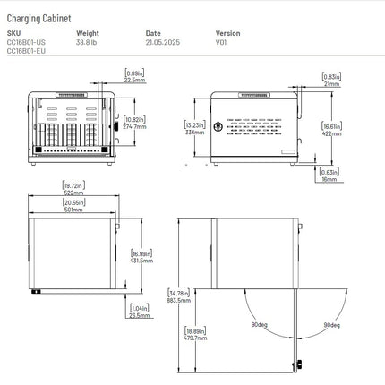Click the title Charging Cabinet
[40, 17]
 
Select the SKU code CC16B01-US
[26, 42]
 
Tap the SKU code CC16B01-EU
[26, 51]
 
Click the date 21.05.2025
[165, 42]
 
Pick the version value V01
[221, 42]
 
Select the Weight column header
[88, 33]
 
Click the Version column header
[227, 33]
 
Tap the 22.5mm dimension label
[135, 80]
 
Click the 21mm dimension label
[331, 83]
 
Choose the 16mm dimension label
[329, 179]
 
